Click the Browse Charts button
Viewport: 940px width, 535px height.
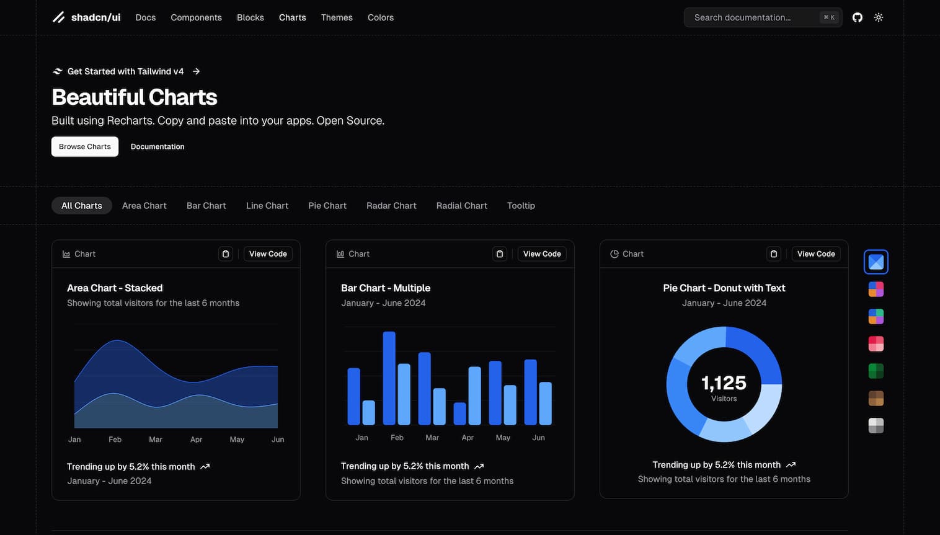tap(85, 147)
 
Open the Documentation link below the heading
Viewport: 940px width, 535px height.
tap(157, 147)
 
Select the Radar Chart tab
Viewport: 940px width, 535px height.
tap(391, 206)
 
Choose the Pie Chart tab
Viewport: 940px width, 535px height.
tap(327, 206)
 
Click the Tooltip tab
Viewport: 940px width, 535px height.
tap(521, 206)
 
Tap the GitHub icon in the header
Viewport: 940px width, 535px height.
tap(858, 17)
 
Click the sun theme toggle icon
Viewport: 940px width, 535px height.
tap(879, 17)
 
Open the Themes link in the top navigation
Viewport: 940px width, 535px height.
tap(337, 17)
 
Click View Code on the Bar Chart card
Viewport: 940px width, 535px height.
tap(542, 254)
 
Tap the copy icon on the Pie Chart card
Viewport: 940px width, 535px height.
tap(774, 254)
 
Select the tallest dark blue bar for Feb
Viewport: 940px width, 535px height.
tap(389, 378)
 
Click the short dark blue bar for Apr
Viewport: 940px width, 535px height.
tap(459, 413)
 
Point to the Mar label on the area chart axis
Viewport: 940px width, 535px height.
tap(156, 440)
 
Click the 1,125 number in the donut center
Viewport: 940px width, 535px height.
tap(724, 383)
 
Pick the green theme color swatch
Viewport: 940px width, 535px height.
tap(876, 371)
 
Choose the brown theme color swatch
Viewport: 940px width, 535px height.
tap(876, 399)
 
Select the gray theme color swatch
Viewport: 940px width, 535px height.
tap(876, 426)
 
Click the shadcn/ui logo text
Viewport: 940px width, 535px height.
tap(95, 17)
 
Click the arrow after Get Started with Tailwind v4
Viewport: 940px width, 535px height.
tap(197, 71)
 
